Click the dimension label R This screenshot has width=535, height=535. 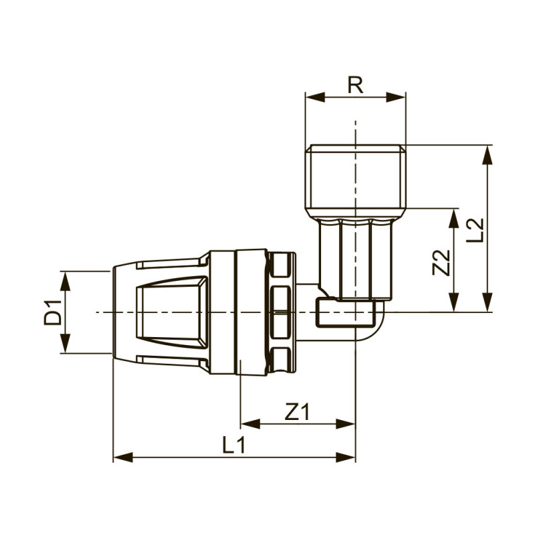tap(355, 85)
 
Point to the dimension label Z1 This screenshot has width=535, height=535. tap(297, 413)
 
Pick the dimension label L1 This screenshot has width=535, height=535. tap(233, 445)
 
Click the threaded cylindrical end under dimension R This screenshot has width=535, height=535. tap(355, 177)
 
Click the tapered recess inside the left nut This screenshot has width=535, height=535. tap(167, 312)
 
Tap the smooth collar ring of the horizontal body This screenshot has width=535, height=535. tap(251, 312)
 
